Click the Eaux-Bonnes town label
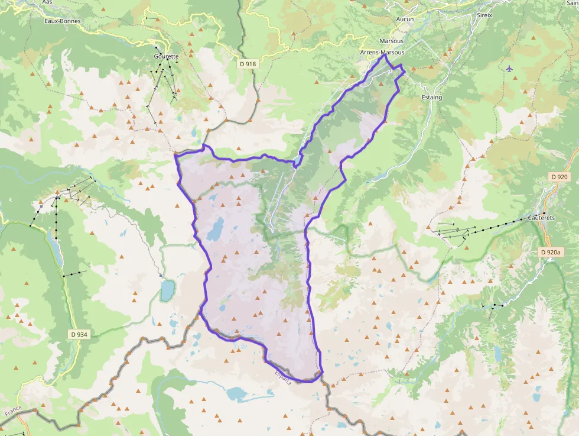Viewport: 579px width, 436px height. [x=62, y=21]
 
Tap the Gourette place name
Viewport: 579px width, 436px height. [x=165, y=56]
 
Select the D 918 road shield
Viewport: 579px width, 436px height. [x=248, y=63]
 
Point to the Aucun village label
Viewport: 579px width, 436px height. [x=405, y=20]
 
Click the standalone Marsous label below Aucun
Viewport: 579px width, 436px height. [x=392, y=41]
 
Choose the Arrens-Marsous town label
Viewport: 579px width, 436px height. [x=382, y=52]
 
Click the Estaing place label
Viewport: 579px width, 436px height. [x=432, y=97]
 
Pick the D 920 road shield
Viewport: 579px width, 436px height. [x=558, y=177]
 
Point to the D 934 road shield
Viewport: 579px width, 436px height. [x=79, y=334]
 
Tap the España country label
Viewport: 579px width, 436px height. [x=282, y=377]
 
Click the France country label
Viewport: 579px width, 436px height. [x=13, y=410]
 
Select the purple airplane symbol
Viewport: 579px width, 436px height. [x=509, y=69]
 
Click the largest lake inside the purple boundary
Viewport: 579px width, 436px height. [x=216, y=228]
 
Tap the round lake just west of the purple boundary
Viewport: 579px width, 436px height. [x=167, y=290]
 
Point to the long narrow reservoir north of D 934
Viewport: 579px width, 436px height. [x=57, y=248]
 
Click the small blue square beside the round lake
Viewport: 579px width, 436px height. [x=161, y=275]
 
